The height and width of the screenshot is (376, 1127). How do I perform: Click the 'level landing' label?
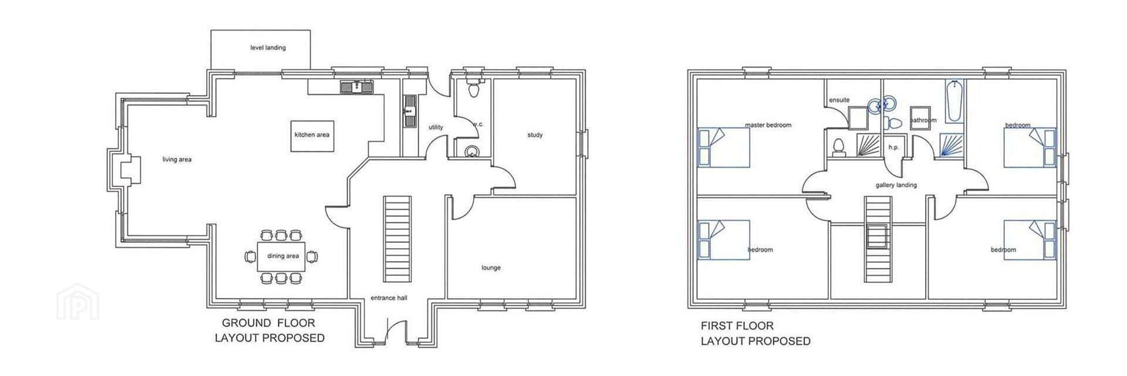point(268,48)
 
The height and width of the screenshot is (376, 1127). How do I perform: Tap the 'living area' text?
point(177,160)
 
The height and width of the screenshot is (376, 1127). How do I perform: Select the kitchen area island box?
point(312,136)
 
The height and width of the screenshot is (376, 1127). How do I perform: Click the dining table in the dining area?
point(281,256)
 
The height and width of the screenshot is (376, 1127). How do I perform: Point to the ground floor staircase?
point(397,239)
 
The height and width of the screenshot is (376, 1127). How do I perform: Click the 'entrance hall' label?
point(389,298)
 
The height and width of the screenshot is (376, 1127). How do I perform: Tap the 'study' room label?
point(535,135)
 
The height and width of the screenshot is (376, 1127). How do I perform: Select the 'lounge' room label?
point(491,268)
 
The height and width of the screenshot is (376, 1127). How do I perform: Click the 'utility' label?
point(436,127)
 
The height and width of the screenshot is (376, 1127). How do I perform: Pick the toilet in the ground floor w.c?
point(473,89)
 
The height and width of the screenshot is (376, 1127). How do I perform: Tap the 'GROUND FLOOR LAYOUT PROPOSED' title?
point(269,330)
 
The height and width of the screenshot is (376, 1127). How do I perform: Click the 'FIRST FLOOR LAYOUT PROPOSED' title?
point(755,333)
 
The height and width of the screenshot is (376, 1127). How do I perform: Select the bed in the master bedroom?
point(724,147)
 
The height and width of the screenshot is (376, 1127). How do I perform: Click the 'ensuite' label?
point(839,100)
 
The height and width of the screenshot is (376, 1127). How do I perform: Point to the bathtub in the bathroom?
point(954,102)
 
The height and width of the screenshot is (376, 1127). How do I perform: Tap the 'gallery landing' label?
point(896,185)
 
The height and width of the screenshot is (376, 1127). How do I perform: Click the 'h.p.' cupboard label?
point(893,147)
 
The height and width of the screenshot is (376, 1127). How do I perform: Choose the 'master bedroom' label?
point(768,125)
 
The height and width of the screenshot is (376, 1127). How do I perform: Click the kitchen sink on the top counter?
point(357,87)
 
